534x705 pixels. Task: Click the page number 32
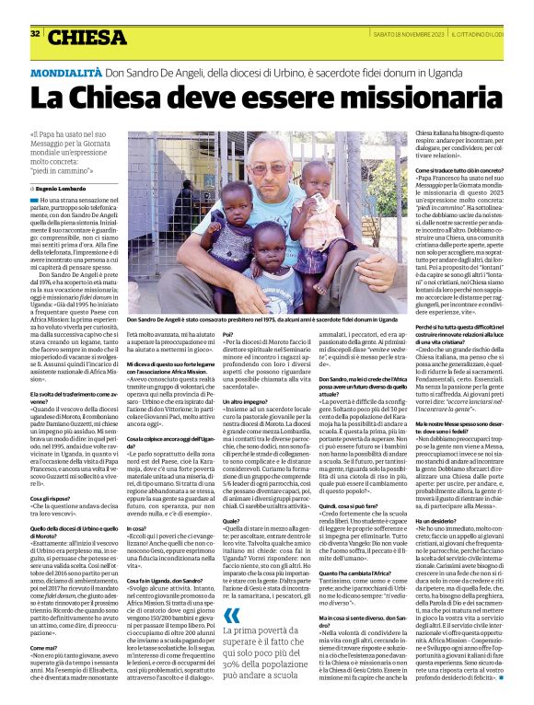35,34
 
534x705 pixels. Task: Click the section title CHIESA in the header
88,37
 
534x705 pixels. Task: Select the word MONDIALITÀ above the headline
67,71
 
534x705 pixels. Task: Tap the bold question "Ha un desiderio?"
438,519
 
